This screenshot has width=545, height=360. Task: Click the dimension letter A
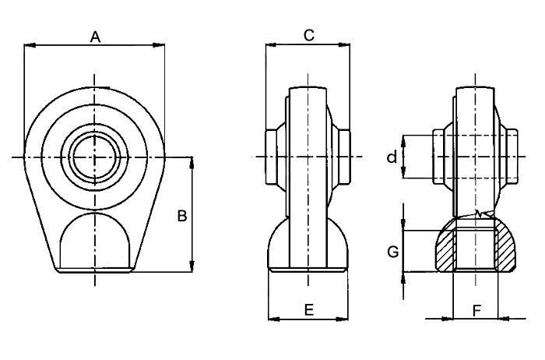pos(96,36)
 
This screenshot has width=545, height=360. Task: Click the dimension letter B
pos(181,216)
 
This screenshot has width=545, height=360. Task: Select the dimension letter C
pos(308,35)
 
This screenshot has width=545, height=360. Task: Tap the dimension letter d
pos(392,158)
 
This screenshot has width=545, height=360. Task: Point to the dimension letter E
pos(308,310)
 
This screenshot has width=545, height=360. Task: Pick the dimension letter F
pos(476,310)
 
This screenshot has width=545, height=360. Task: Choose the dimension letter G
pos(393,252)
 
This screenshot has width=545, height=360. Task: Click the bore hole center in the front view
pos(94,157)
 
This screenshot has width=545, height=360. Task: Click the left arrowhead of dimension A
pos(28,45)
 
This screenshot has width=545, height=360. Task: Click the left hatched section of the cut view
pos(445,251)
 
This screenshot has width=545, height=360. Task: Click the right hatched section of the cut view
pos(507,251)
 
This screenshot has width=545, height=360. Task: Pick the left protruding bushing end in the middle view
pos(272,157)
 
